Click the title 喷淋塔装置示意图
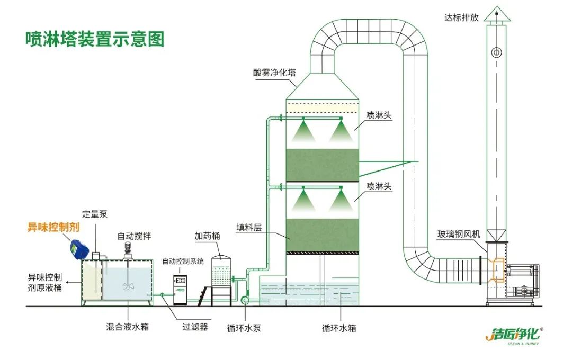95,39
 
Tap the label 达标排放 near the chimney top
461,17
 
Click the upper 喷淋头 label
379,115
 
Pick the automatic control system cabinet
181,289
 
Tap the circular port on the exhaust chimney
496,52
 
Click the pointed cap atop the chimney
496,14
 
